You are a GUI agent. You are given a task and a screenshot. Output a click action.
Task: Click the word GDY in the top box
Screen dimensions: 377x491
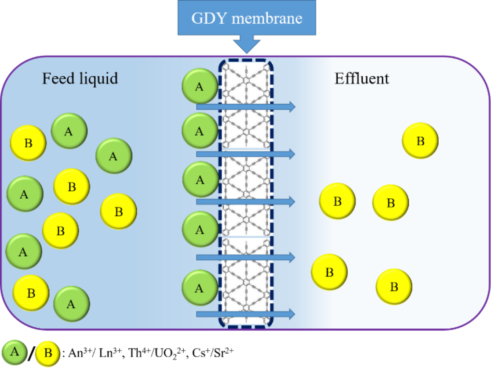206,18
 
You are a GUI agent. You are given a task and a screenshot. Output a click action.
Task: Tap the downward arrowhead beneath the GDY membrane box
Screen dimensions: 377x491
247,46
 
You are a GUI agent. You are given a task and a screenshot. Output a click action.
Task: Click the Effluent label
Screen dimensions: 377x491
362,78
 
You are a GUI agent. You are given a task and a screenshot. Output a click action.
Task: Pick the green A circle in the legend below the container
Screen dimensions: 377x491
15,352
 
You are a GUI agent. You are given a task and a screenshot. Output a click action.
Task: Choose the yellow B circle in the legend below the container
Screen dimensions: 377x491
48,353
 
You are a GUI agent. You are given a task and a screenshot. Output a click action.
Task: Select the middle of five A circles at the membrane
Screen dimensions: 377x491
200,180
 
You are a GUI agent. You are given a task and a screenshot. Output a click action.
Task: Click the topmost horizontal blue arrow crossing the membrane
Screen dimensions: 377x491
245,106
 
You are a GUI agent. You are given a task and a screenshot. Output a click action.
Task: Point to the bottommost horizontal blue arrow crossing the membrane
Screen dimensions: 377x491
245,314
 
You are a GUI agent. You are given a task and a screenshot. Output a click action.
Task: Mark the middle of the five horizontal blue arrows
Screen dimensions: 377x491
245,202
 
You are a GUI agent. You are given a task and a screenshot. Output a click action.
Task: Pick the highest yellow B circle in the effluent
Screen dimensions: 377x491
420,141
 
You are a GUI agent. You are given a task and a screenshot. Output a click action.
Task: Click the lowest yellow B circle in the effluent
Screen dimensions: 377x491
394,287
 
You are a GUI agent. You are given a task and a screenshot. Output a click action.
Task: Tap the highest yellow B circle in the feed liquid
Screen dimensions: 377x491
28,143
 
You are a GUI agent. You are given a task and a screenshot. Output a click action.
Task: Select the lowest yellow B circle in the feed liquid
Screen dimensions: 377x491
31,293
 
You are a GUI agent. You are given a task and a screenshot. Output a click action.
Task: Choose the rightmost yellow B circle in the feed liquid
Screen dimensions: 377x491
119,212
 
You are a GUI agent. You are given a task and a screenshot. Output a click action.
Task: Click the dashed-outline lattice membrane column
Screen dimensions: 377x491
246,193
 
